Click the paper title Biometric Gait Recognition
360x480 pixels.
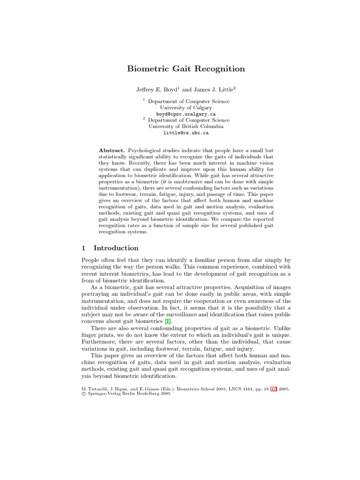(x=186, y=69)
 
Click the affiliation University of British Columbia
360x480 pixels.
(x=186, y=126)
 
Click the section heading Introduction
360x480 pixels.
(x=116, y=248)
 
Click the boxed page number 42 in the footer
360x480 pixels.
(x=273, y=389)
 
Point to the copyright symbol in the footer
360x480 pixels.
(x=83, y=394)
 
